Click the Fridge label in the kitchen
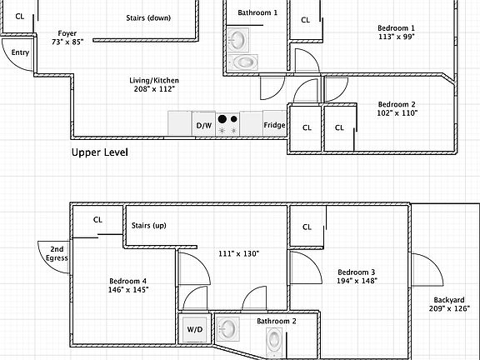[274, 125]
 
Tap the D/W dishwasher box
[204, 123]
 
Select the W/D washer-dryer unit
[195, 329]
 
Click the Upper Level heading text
[100, 152]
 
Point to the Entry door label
[20, 52]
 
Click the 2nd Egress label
[57, 254]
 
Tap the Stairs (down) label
[148, 18]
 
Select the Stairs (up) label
[149, 226]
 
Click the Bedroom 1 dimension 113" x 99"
[397, 37]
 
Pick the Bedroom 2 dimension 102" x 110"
[397, 113]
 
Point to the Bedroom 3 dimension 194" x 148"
[357, 281]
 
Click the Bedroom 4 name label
[128, 281]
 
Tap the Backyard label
[449, 300]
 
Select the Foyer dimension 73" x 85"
[67, 42]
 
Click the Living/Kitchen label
[154, 81]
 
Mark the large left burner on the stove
[222, 119]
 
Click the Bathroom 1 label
[257, 12]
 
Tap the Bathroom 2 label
[277, 321]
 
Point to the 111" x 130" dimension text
[239, 254]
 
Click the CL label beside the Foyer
[20, 17]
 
